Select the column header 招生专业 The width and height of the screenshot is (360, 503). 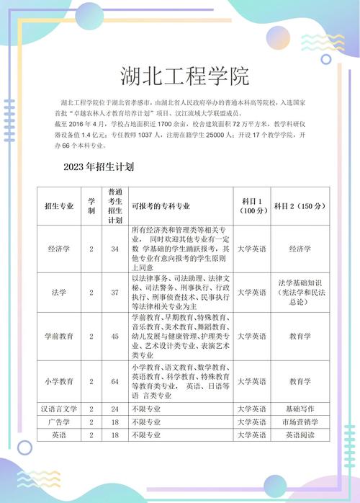click(59, 206)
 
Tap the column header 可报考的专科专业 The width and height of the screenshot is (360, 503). click(161, 206)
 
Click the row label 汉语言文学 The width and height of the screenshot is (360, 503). click(59, 409)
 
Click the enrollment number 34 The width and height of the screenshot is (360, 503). click(114, 249)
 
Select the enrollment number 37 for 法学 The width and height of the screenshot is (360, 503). click(114, 293)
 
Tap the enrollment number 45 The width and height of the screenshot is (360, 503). click(114, 336)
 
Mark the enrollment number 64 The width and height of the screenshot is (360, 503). click(114, 380)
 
